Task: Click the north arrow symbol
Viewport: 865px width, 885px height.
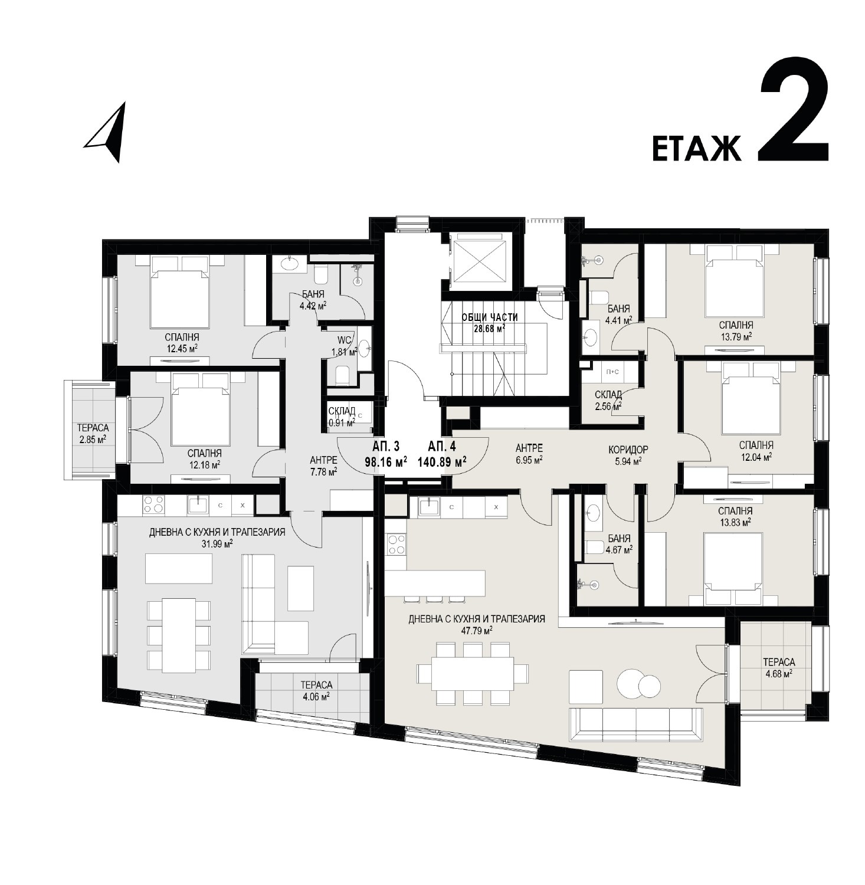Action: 108,132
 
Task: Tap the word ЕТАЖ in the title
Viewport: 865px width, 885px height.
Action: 696,147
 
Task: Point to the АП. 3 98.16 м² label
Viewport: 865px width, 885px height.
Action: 386,454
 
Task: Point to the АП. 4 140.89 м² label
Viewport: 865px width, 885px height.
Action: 442,454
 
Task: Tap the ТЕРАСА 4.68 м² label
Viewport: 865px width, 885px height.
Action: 778,667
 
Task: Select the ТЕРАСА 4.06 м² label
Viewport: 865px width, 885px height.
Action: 316,690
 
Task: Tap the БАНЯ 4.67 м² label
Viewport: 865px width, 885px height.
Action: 618,544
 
